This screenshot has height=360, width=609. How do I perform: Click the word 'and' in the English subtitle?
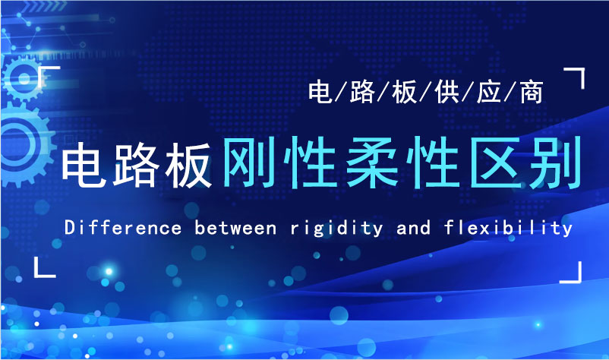[413, 228]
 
